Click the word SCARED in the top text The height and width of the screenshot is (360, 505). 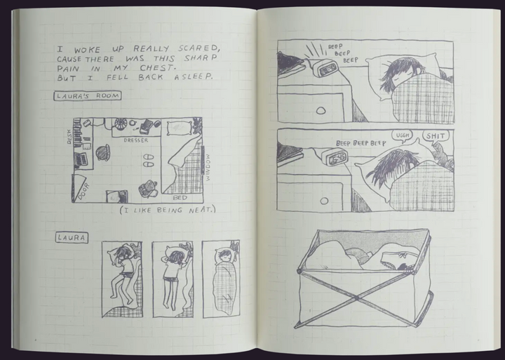pos(199,48)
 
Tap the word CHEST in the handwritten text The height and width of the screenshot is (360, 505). pos(158,68)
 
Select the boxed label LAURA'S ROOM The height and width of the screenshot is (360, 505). pos(88,95)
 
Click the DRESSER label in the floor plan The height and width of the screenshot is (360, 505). pos(136,140)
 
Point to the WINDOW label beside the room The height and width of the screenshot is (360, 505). pos(208,167)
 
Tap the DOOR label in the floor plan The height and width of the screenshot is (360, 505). pos(83,192)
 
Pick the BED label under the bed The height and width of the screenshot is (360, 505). pos(180,198)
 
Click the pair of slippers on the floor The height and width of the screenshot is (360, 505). pos(148,161)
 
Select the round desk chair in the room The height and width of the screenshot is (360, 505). pos(103,153)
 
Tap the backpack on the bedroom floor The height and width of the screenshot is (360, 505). pos(148,189)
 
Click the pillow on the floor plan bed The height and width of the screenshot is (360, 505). pos(179,128)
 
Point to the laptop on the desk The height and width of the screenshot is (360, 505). pos(81,159)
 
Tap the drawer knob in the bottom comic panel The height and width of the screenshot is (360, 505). pos(324,201)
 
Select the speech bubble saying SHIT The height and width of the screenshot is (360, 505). pos(436,137)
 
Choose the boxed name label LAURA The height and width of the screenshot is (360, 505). pos(72,238)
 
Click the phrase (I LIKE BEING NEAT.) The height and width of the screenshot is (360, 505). pos(168,210)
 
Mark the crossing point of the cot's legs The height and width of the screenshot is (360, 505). pos(356,298)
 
